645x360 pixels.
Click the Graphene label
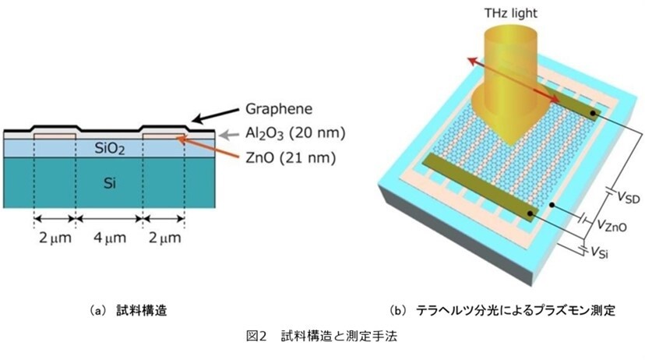tap(278, 109)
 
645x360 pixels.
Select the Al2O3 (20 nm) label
tap(295, 133)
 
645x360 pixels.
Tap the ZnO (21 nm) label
tap(291, 157)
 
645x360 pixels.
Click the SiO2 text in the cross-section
tap(109, 148)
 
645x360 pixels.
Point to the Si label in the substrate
tap(109, 182)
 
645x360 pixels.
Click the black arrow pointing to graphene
tap(216, 115)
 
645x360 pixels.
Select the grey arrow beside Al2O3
tap(229, 134)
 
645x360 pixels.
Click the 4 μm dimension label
tap(109, 238)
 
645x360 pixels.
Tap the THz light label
tap(510, 12)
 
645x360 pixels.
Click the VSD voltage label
tap(628, 197)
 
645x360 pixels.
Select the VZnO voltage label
tap(612, 224)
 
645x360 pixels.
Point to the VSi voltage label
tap(599, 252)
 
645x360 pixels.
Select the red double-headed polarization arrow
tap(514, 80)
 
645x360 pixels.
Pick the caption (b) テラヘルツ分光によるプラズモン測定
tap(502, 310)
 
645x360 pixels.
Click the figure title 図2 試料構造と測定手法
tap(322, 336)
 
